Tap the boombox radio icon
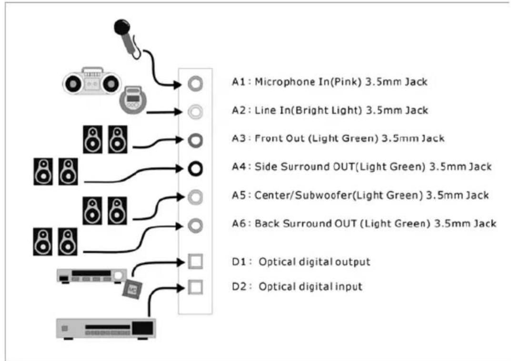[92, 81]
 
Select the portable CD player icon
[133, 100]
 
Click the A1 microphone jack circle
[195, 83]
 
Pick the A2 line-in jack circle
[195, 112]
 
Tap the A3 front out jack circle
[195, 140]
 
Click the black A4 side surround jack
[195, 169]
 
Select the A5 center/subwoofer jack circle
[195, 197]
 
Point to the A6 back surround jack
[195, 225]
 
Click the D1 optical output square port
[196, 262]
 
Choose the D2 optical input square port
[196, 287]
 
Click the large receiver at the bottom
[106, 329]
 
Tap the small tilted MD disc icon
[132, 289]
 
